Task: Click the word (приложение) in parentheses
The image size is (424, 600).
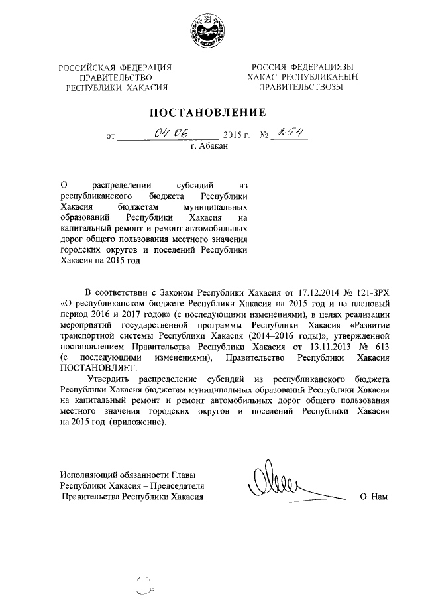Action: [138, 423]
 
